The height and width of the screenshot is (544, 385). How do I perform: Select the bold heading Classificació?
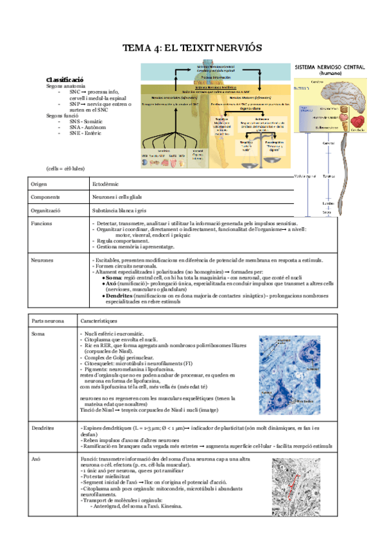click(65, 78)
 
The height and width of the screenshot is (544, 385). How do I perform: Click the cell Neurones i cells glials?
click(119, 197)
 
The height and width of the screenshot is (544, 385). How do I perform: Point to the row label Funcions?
click(42, 223)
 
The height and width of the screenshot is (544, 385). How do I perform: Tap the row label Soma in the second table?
click(38, 334)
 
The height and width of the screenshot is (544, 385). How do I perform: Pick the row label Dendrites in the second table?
click(42, 427)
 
